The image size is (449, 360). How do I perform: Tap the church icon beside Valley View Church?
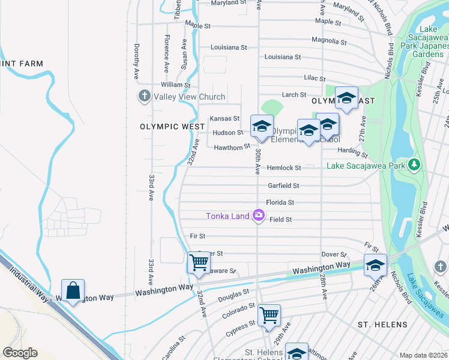coord(143,96)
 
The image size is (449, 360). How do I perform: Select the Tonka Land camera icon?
coord(259,215)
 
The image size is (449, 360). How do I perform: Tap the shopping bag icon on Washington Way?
coord(73,290)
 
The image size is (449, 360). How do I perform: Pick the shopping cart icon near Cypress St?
coord(269,314)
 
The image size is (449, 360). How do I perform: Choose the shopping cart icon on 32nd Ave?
coord(199,263)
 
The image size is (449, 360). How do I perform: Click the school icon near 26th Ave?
coord(375,264)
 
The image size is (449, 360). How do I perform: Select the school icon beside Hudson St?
coord(262,126)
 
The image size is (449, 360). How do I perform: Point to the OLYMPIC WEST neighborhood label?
coord(167,127)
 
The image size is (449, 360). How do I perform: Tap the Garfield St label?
coord(283,186)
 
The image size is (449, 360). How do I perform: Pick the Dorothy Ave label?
coord(137,55)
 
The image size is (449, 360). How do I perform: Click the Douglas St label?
coord(234,294)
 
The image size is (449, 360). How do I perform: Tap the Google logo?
coord(20,353)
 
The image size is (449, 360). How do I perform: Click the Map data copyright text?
coord(424,355)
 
